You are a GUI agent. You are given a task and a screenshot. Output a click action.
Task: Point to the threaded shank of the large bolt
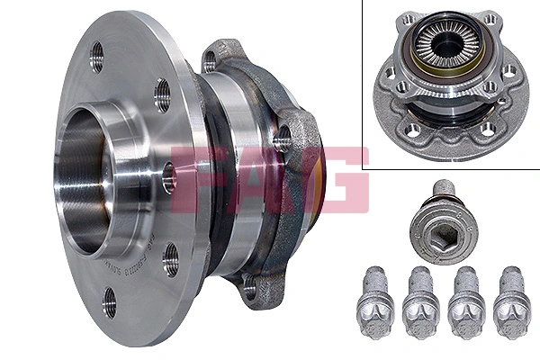click(x=447, y=190)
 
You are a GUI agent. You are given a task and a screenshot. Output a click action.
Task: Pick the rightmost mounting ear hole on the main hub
click(x=283, y=137)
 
